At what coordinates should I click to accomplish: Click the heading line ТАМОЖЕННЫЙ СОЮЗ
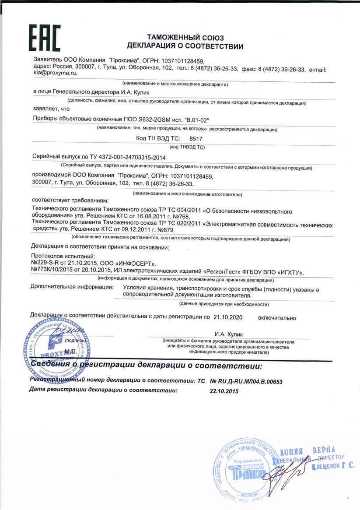tap(185, 38)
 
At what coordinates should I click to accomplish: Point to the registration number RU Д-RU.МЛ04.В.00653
tap(246, 382)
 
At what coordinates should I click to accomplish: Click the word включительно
tap(277, 317)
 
